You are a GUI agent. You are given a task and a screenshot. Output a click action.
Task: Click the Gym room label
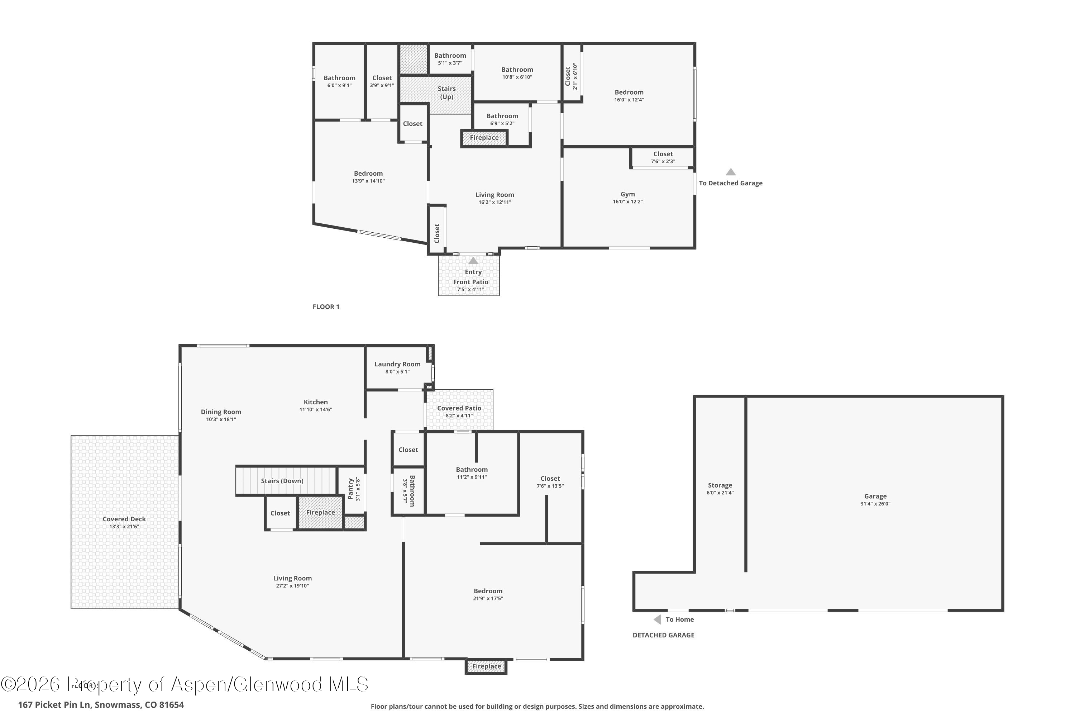(627, 194)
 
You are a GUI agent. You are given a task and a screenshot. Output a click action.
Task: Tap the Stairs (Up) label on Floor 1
(446, 92)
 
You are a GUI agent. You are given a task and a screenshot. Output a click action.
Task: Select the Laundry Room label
(397, 364)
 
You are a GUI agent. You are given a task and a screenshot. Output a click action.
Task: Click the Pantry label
(350, 489)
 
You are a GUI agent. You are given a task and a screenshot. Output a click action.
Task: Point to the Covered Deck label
(124, 519)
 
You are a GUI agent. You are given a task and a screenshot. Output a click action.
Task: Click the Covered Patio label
(459, 408)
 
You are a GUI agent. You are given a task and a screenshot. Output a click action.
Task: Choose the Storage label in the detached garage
(720, 485)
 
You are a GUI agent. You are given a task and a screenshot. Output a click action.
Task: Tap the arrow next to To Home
(657, 619)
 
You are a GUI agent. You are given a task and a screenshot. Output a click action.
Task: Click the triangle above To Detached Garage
(730, 172)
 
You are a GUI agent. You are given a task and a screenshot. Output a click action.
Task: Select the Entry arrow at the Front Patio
(473, 261)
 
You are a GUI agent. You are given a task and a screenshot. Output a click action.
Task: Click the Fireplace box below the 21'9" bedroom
(486, 666)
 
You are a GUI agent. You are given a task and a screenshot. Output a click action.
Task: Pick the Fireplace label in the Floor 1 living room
(484, 138)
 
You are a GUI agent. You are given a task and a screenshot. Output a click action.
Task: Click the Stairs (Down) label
(282, 481)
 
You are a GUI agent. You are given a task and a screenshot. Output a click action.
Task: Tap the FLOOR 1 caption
(326, 307)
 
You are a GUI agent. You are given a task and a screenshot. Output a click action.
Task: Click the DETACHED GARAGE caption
(663, 635)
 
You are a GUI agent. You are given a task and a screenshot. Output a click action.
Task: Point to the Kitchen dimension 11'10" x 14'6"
(315, 410)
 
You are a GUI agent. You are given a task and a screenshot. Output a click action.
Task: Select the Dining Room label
(221, 412)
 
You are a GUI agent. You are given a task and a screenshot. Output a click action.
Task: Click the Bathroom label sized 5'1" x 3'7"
(450, 55)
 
